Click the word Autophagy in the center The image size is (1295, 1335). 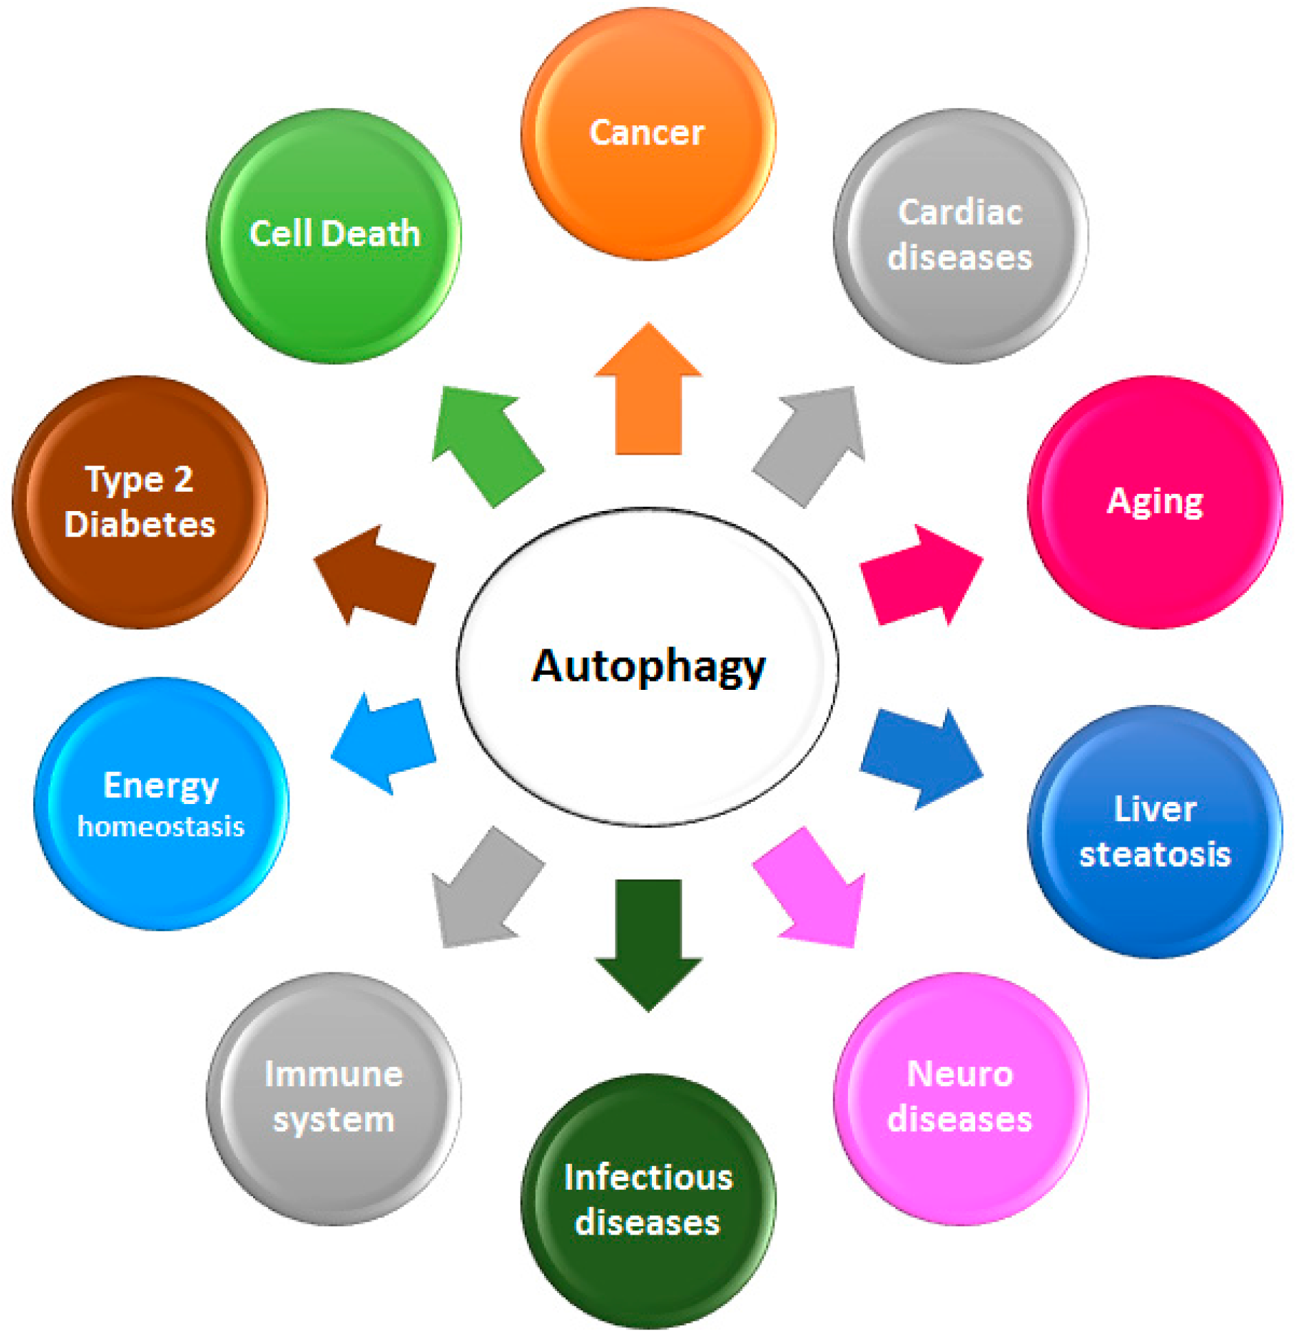coord(648,666)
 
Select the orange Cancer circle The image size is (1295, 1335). coord(648,134)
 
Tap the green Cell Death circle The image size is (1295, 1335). coord(334,235)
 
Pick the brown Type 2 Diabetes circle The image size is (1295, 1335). coord(140,502)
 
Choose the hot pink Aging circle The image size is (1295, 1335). coord(1155,502)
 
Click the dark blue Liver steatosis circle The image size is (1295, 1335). coord(1155,832)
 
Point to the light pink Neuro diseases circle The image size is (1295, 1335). coord(960,1098)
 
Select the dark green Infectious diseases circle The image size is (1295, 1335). coord(648,1200)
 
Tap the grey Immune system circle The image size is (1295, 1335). coord(334,1098)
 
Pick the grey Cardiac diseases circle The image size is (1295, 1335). coord(960,235)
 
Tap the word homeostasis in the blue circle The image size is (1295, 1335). coord(161,827)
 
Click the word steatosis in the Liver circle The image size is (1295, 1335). coord(1155,854)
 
